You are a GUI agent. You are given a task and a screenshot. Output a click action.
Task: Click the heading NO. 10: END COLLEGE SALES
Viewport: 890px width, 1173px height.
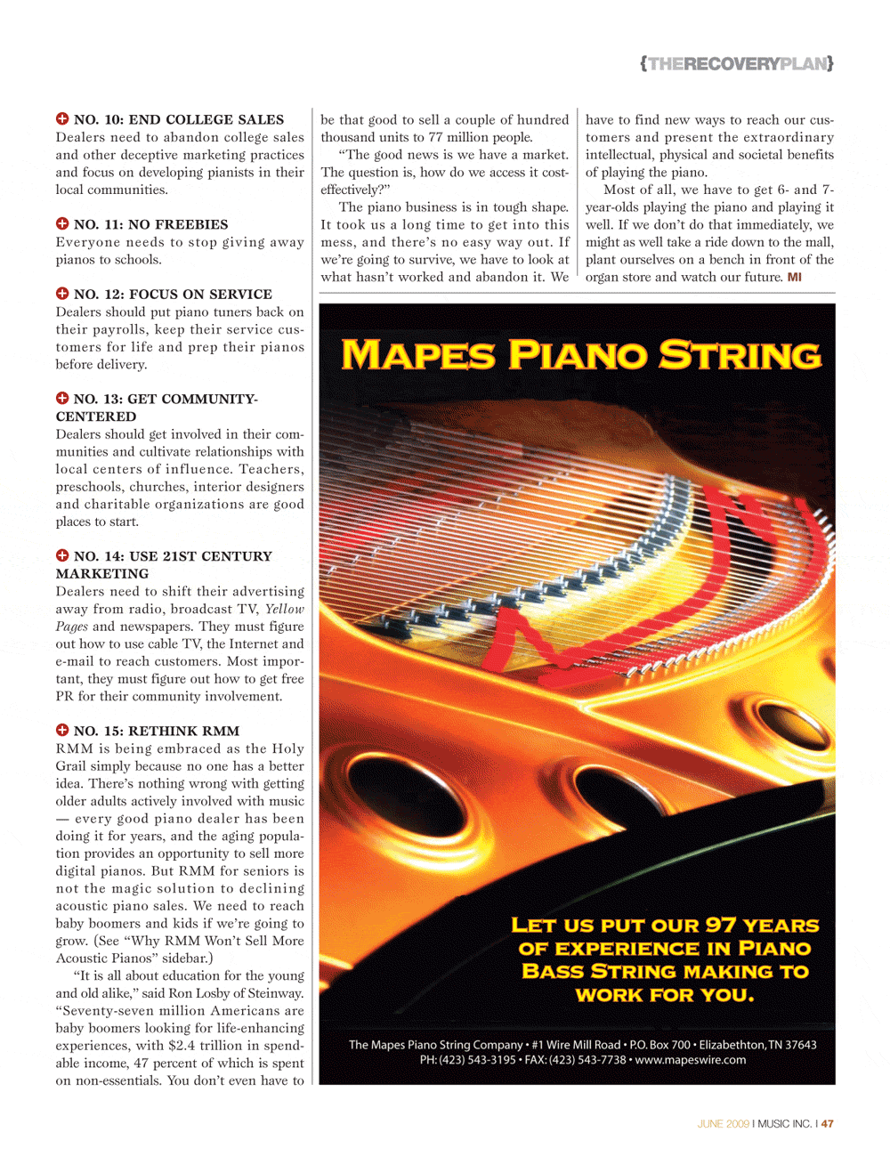point(178,119)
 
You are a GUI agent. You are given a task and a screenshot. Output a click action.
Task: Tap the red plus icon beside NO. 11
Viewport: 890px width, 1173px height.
point(62,223)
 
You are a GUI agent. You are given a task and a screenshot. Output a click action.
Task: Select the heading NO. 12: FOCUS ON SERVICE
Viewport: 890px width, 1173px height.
point(173,294)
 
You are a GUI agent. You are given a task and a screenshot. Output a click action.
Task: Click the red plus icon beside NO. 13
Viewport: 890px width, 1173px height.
point(62,398)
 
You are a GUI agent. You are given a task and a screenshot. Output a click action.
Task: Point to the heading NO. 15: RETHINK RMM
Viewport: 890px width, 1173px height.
point(157,731)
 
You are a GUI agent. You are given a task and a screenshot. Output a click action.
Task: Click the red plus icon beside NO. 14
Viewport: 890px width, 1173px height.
point(62,555)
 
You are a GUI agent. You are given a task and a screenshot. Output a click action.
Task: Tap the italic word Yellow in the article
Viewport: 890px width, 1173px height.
point(284,609)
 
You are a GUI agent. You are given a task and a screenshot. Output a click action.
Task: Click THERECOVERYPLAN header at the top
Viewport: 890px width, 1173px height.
point(737,63)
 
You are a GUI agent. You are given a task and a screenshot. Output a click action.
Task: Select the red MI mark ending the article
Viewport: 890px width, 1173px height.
point(794,277)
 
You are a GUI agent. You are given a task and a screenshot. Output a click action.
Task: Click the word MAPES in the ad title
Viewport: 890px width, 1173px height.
point(417,355)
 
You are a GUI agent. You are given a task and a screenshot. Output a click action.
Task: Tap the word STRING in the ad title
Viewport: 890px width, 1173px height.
point(740,355)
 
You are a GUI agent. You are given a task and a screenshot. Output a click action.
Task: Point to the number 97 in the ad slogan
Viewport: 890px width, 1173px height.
point(720,925)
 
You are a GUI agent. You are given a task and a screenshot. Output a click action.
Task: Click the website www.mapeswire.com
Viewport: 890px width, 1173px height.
point(691,1060)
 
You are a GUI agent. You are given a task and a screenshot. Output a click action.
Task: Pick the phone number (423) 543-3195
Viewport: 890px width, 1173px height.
point(477,1060)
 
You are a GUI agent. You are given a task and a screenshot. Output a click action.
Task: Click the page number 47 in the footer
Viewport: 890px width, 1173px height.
point(828,1124)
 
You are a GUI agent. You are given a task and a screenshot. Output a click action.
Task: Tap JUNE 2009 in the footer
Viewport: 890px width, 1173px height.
point(723,1124)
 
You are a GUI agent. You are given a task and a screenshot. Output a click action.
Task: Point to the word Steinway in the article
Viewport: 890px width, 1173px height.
point(276,993)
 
